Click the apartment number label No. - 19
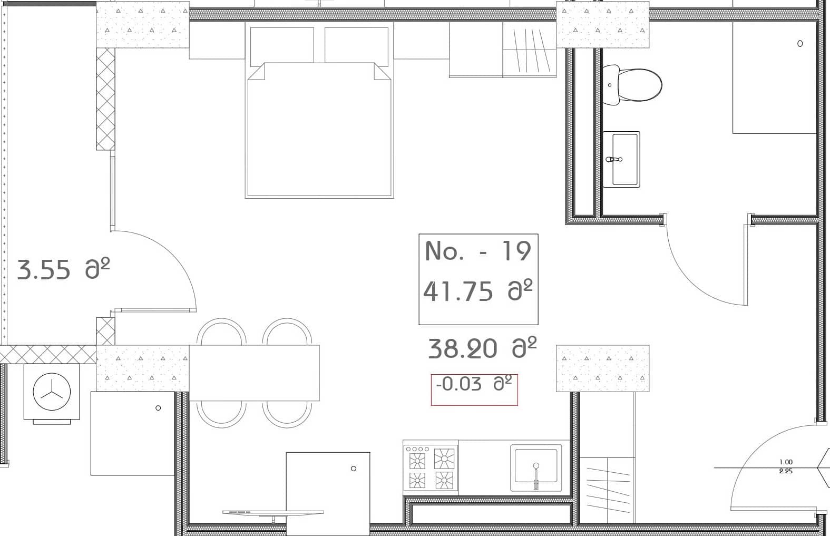tap(477, 251)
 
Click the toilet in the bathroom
tap(632, 85)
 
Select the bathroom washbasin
tap(622, 159)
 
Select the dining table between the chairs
tap(254, 373)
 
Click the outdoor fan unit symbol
tap(52, 393)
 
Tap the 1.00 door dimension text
tap(785, 462)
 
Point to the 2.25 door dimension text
tap(785, 471)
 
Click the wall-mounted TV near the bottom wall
tap(273, 512)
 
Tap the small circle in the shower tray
tap(799, 44)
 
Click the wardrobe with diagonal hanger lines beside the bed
tap(529, 50)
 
